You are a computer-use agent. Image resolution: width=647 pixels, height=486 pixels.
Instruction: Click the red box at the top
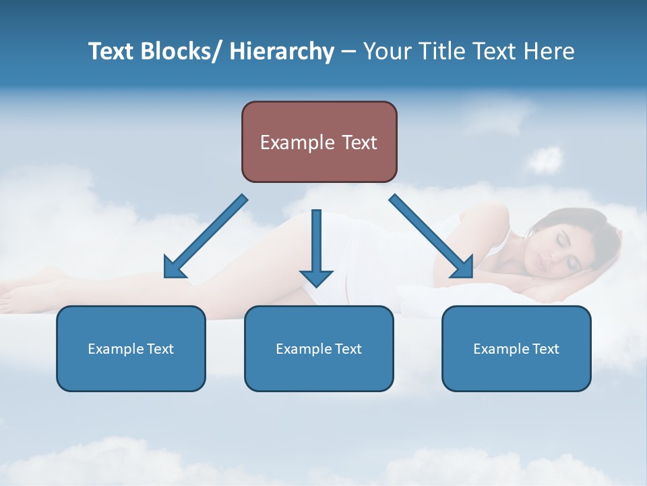pyautogui.click(x=319, y=142)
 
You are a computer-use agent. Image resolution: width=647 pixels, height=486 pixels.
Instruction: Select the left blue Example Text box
pyautogui.click(x=131, y=348)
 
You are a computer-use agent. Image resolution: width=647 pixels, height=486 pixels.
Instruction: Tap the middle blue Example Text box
pyautogui.click(x=319, y=348)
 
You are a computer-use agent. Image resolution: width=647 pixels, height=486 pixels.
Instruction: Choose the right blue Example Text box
pyautogui.click(x=516, y=348)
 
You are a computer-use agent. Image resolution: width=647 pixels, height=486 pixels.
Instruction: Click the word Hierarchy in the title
pyautogui.click(x=282, y=51)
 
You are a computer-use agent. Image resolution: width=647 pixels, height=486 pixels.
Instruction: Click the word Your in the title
pyautogui.click(x=387, y=51)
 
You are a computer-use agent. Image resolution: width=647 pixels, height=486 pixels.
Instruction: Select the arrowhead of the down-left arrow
pyautogui.click(x=175, y=267)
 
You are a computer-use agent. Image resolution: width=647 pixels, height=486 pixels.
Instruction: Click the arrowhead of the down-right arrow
pyautogui.click(x=463, y=267)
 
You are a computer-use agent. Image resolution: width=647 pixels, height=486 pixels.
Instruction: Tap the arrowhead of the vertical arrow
pyautogui.click(x=316, y=277)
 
